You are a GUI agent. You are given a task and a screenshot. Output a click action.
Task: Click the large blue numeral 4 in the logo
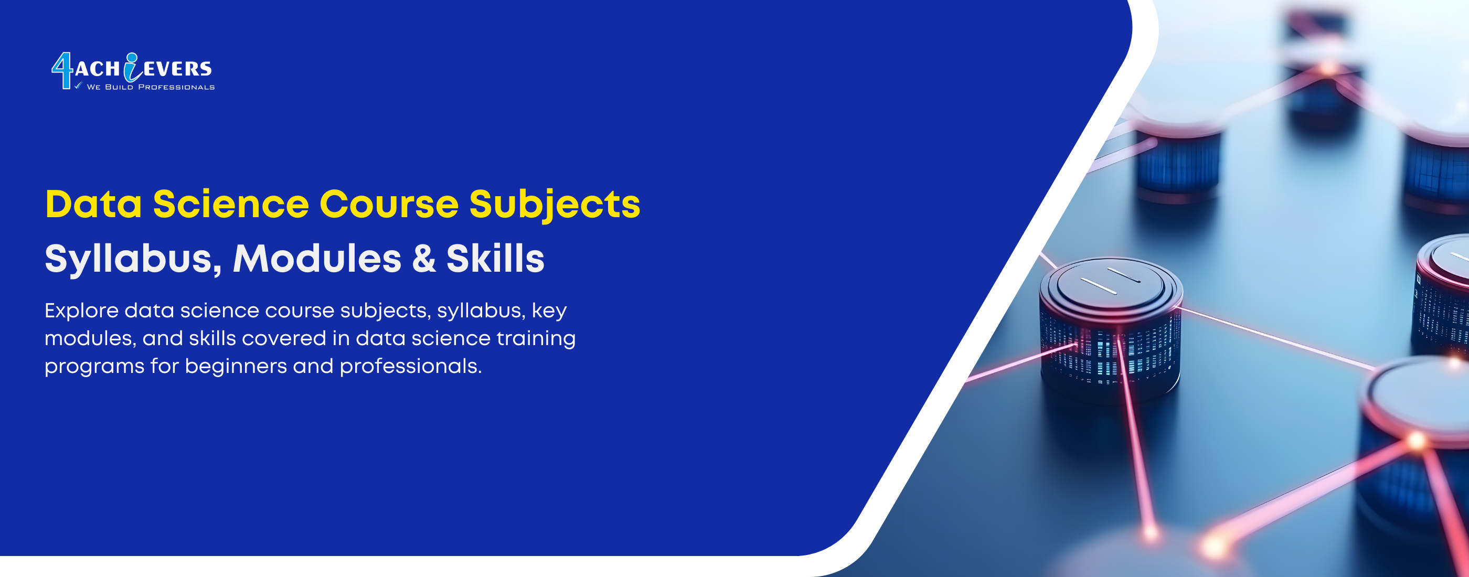[x=62, y=71]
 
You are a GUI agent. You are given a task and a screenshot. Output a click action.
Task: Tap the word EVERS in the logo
[x=177, y=70]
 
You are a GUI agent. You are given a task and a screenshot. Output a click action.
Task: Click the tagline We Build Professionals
[x=151, y=87]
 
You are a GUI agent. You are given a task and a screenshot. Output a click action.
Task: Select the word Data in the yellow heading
[x=93, y=204]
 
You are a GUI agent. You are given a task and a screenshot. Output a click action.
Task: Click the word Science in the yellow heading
[x=231, y=204]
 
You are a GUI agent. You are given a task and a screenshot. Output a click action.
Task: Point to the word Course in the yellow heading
[x=388, y=204]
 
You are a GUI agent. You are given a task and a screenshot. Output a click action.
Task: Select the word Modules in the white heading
[x=317, y=258]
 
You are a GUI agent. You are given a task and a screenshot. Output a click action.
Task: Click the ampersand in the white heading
[x=424, y=258]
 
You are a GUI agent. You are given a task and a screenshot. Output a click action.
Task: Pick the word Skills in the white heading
[x=495, y=258]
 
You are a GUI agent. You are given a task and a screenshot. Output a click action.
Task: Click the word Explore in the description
[x=81, y=311]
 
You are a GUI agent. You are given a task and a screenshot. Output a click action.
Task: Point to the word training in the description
[x=536, y=339]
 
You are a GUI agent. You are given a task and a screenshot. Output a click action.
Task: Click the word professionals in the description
[x=411, y=367]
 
